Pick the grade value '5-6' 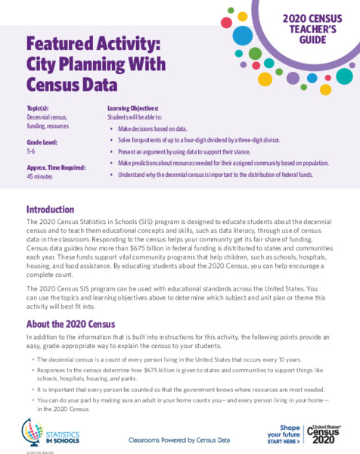(32, 151)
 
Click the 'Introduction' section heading (50, 209)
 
